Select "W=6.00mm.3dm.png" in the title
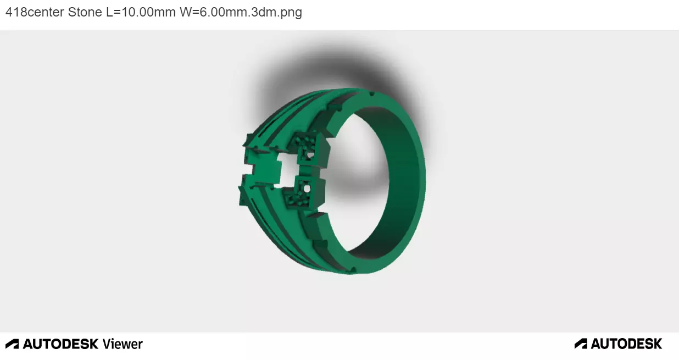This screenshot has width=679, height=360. click(x=241, y=12)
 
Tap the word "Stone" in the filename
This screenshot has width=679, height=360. click(x=85, y=12)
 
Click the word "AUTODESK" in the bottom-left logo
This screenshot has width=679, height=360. click(x=60, y=344)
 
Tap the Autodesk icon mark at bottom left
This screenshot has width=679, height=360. click(x=12, y=344)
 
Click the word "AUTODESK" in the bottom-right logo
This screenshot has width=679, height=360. click(x=626, y=344)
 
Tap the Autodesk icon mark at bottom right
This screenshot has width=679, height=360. click(x=581, y=344)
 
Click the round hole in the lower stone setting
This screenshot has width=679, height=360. click(x=307, y=189)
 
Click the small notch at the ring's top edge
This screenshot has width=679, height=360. click(x=372, y=95)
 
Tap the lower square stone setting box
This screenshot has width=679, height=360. click(x=307, y=191)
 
